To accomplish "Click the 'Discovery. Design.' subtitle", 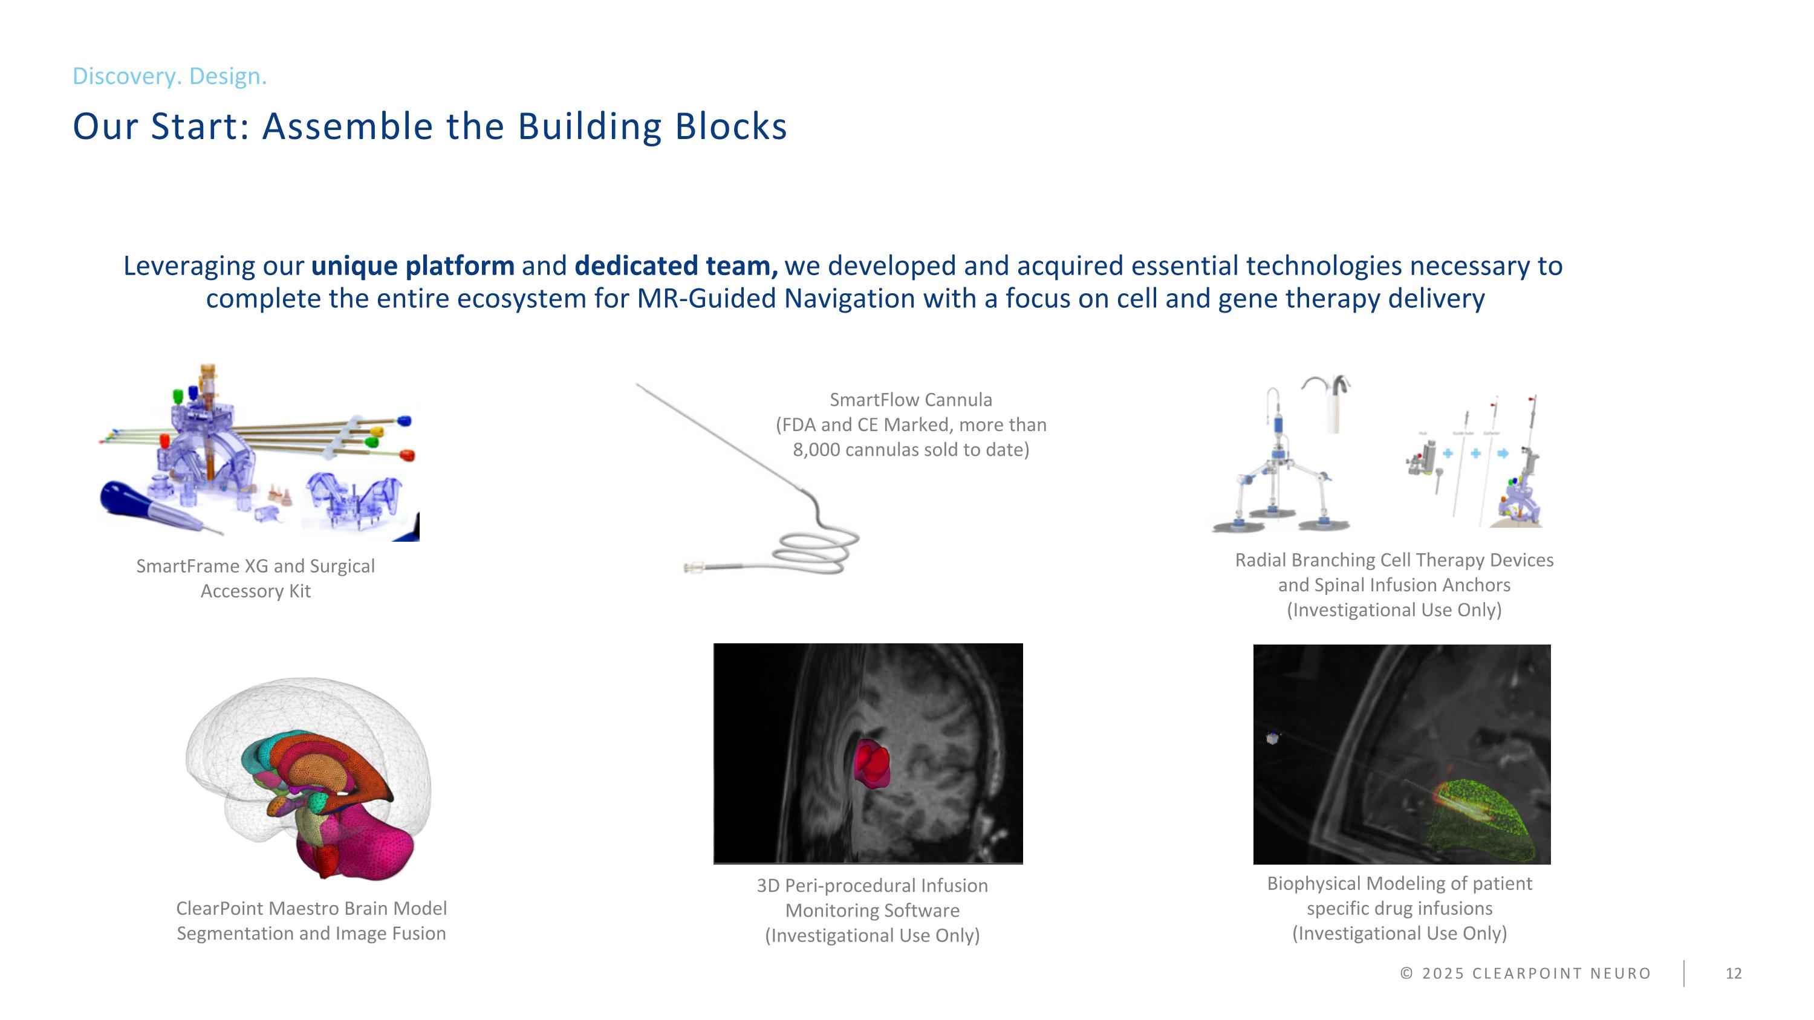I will pyautogui.click(x=169, y=76).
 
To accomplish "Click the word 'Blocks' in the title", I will pyautogui.click(x=730, y=127).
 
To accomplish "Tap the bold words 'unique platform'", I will pyautogui.click(x=412, y=266).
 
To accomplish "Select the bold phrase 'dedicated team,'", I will pyautogui.click(x=676, y=266).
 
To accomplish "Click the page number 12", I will pyautogui.click(x=1733, y=973).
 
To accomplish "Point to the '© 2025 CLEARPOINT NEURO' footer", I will pyautogui.click(x=1526, y=973).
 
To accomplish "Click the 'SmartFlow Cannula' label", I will pyautogui.click(x=911, y=400).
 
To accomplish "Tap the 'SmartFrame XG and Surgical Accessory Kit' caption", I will pyautogui.click(x=255, y=578).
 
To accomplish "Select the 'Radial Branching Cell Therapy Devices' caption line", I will pyautogui.click(x=1394, y=560).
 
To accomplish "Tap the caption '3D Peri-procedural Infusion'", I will pyautogui.click(x=872, y=886).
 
